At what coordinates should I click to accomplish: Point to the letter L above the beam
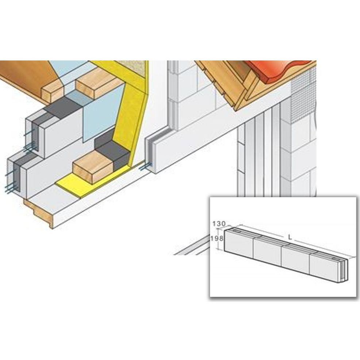pyautogui.click(x=290, y=237)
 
